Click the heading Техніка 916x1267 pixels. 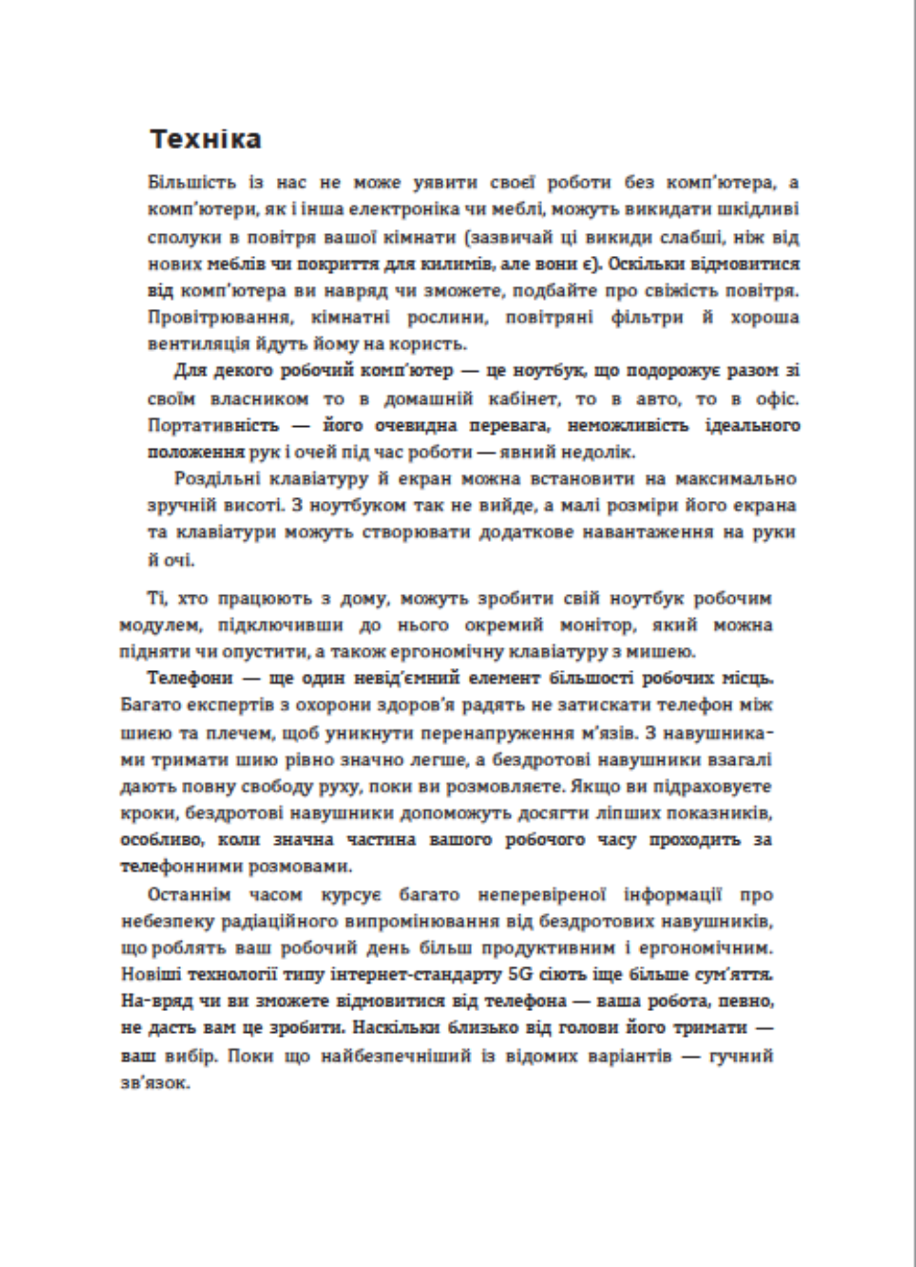(x=205, y=139)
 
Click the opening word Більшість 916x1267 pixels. (x=182, y=182)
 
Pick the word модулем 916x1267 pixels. (x=160, y=625)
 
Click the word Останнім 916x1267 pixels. (x=189, y=895)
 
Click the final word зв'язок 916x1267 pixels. (x=156, y=1083)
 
